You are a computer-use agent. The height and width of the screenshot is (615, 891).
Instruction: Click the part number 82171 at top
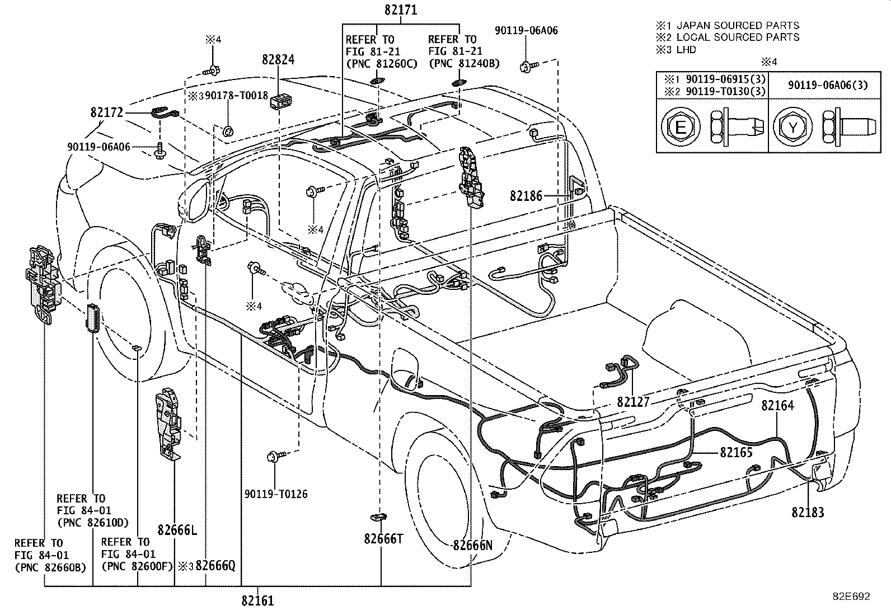(x=401, y=10)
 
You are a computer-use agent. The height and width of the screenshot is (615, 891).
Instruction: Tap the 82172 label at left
(x=106, y=112)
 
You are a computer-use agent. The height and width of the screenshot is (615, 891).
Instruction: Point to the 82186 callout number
(x=526, y=196)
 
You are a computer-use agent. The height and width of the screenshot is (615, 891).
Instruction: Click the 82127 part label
(x=634, y=402)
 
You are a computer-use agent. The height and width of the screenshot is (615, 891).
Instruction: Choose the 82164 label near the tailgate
(x=777, y=405)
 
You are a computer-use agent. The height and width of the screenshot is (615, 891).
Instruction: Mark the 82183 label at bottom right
(x=808, y=512)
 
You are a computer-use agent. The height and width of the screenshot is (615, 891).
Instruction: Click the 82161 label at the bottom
(x=257, y=601)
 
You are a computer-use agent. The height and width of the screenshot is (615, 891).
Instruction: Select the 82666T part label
(x=383, y=538)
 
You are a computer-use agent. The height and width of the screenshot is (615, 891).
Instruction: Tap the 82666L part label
(x=177, y=531)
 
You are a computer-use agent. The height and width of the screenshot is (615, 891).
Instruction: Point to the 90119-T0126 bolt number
(x=276, y=494)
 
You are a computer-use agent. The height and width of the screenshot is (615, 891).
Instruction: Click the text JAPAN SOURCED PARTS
(x=738, y=25)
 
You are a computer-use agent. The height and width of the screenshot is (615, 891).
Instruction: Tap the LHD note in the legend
(x=686, y=50)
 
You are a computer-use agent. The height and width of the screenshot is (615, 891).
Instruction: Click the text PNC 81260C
(x=381, y=64)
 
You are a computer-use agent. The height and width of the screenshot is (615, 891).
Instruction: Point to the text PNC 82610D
(x=92, y=523)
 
